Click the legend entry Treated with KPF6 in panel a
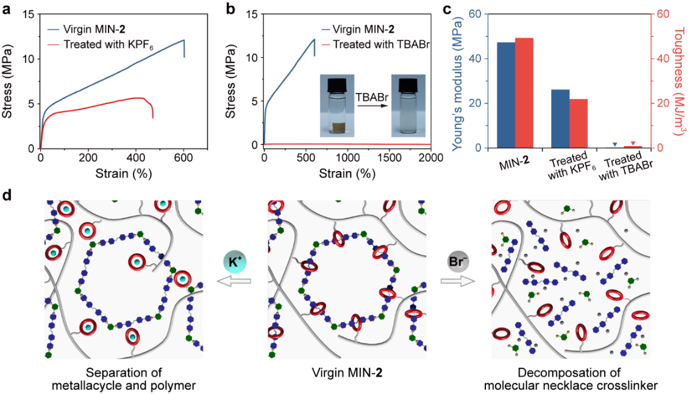(x=107, y=44)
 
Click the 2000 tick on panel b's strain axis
(x=419, y=157)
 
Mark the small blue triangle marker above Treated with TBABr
(x=615, y=144)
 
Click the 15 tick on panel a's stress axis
(x=26, y=14)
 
